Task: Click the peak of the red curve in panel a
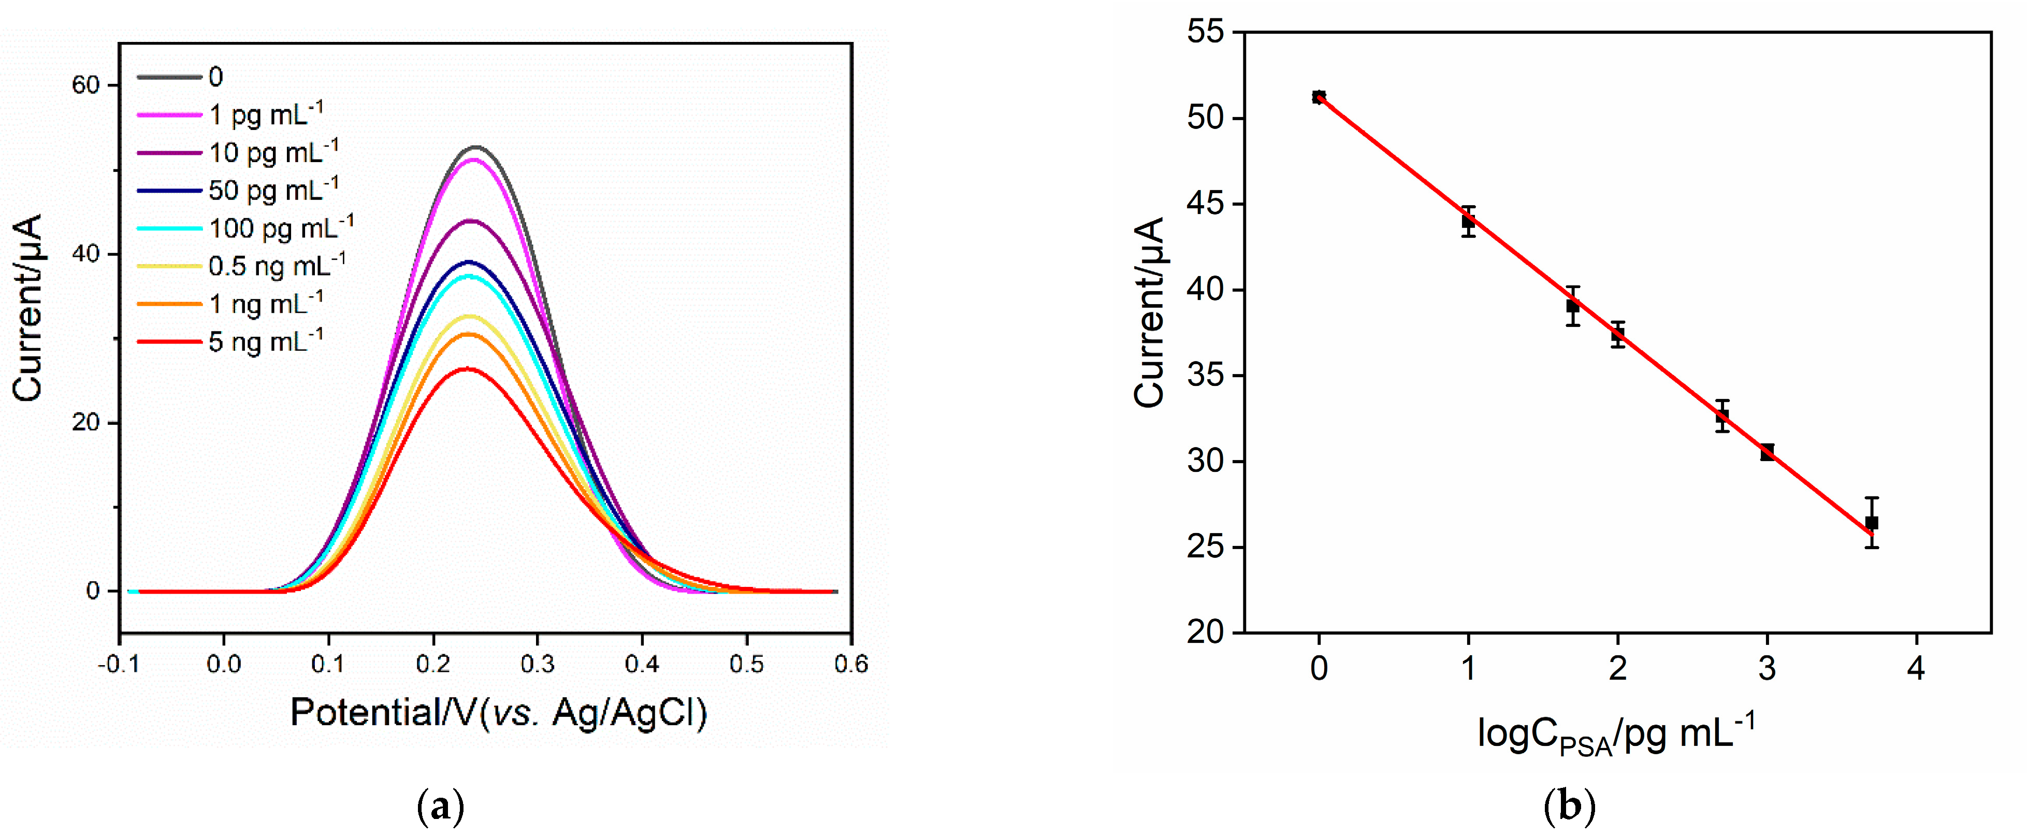[468, 368]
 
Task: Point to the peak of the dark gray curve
[476, 147]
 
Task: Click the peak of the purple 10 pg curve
[471, 221]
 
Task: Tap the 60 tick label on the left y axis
[86, 85]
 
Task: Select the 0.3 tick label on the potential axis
[538, 665]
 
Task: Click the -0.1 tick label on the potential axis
[119, 665]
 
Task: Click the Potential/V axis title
[499, 713]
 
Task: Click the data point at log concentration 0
[1319, 97]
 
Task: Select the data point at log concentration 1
[1468, 222]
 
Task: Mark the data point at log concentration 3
[1768, 452]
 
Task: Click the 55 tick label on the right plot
[1206, 32]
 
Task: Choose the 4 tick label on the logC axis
[1916, 669]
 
